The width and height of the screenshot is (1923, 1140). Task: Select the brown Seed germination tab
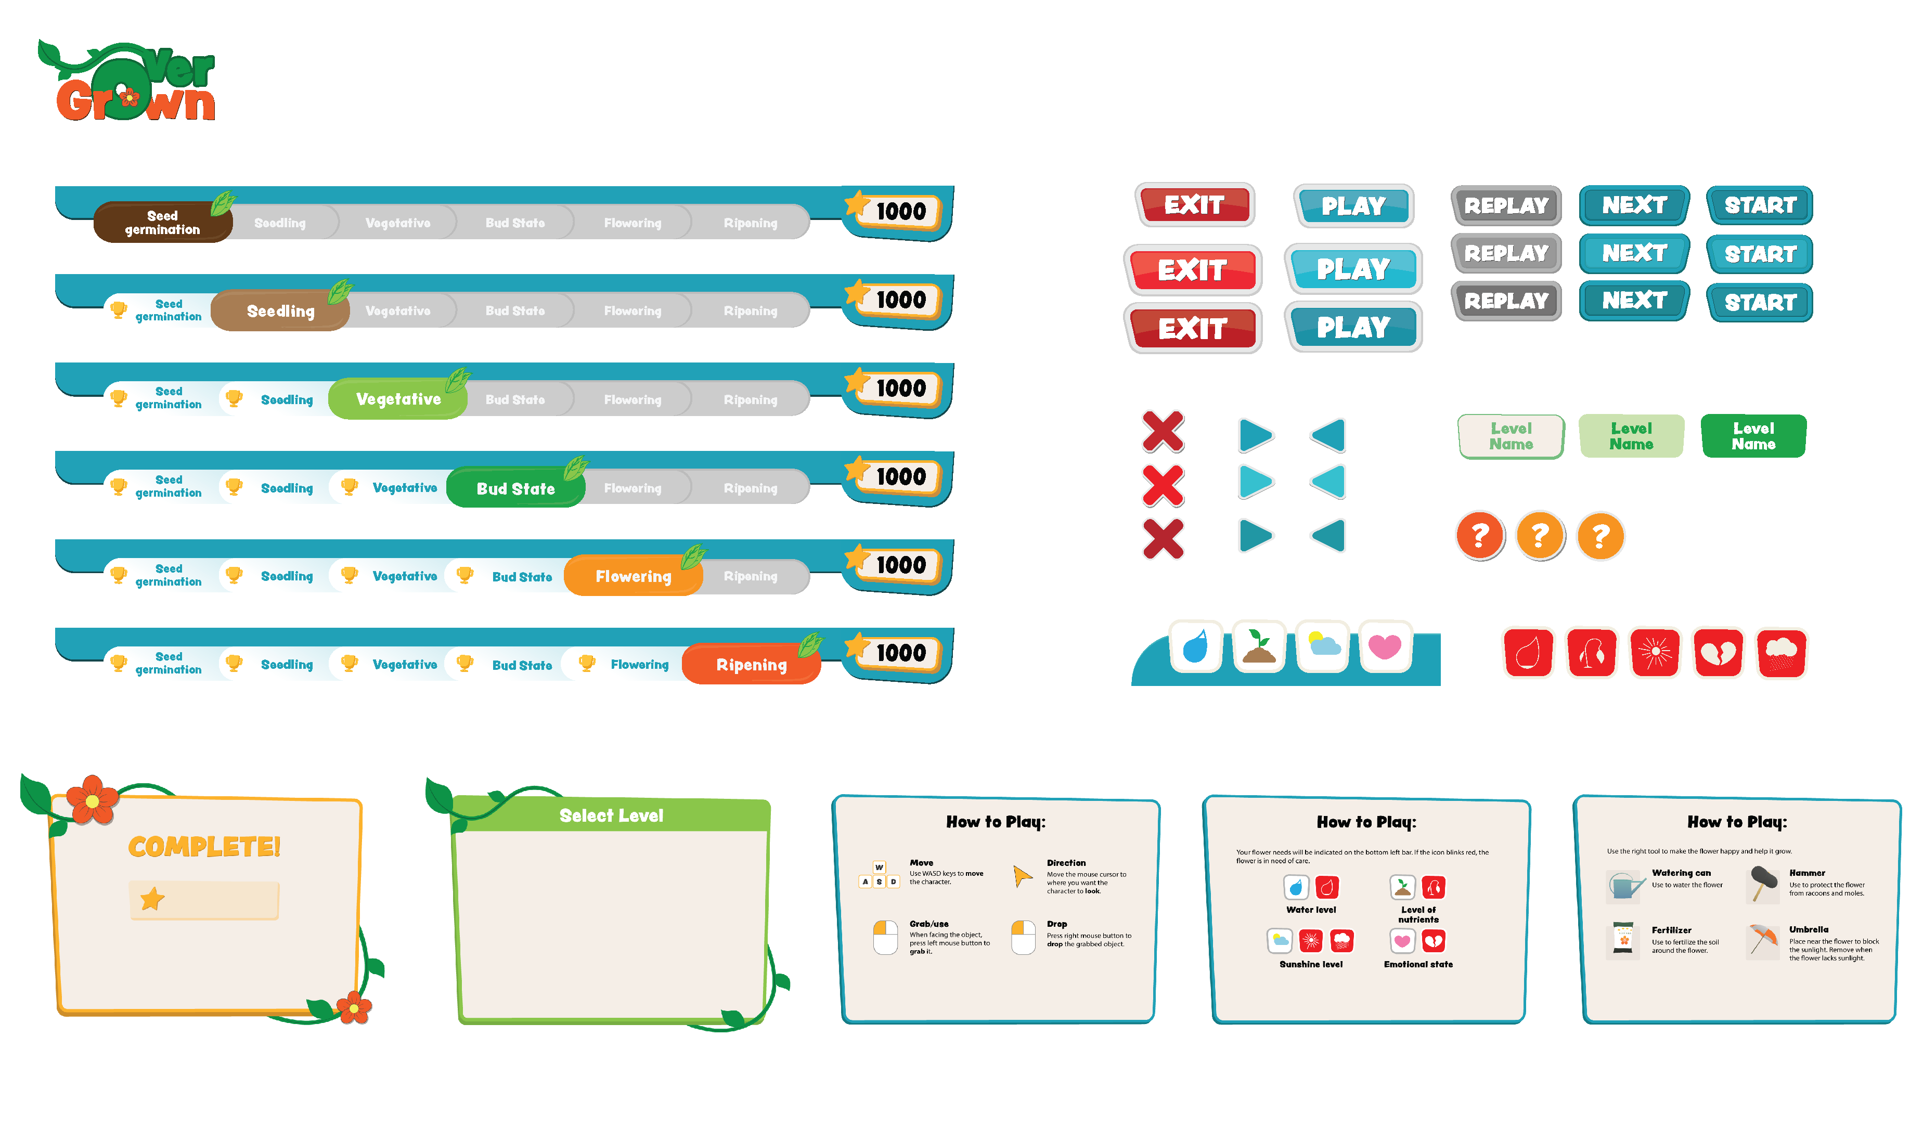[162, 223]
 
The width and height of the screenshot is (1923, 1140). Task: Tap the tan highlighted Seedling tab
[280, 311]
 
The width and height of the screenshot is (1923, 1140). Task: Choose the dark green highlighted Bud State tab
[515, 488]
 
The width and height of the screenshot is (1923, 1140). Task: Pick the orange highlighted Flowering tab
[633, 576]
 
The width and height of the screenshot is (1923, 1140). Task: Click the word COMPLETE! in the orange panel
[203, 847]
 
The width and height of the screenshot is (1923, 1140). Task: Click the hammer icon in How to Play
[1763, 884]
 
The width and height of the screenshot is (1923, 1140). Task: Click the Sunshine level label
[1311, 965]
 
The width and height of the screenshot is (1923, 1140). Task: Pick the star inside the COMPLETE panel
[152, 899]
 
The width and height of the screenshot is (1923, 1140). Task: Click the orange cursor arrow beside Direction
[1022, 876]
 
